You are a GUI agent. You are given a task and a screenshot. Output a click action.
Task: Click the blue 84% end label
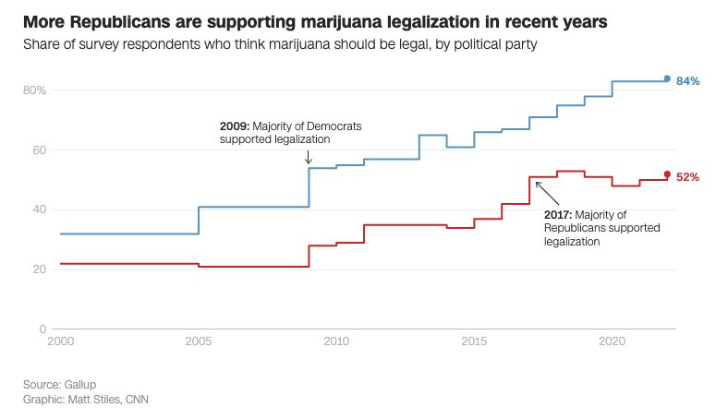tap(687, 81)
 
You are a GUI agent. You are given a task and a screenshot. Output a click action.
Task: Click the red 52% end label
tap(687, 177)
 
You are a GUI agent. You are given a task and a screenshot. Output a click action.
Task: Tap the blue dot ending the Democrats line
tap(667, 79)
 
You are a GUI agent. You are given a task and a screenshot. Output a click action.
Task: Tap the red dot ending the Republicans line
tap(667, 174)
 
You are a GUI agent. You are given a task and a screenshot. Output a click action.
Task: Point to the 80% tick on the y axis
tap(36, 90)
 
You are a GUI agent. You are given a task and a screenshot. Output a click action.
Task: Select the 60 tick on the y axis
tap(41, 150)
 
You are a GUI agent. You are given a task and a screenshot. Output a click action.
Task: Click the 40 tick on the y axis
tap(41, 209)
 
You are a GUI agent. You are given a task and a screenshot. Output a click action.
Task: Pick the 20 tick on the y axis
tap(41, 269)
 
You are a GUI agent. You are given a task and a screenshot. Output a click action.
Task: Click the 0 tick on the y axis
tap(43, 329)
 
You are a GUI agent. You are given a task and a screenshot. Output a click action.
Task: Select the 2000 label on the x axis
tap(60, 341)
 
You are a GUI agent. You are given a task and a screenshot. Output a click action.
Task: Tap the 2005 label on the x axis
tap(199, 341)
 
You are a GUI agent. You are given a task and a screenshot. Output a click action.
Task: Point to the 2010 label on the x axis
tap(336, 341)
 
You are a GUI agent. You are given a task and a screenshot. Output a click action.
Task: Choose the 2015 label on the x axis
tap(474, 341)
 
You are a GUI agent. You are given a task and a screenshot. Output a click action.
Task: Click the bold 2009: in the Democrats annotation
tap(236, 125)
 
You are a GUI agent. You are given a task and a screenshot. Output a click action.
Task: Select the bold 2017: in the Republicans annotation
tap(560, 214)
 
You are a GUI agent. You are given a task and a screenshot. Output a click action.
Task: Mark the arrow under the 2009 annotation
tap(309, 157)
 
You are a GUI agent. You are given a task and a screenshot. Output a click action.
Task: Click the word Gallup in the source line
tap(80, 383)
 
